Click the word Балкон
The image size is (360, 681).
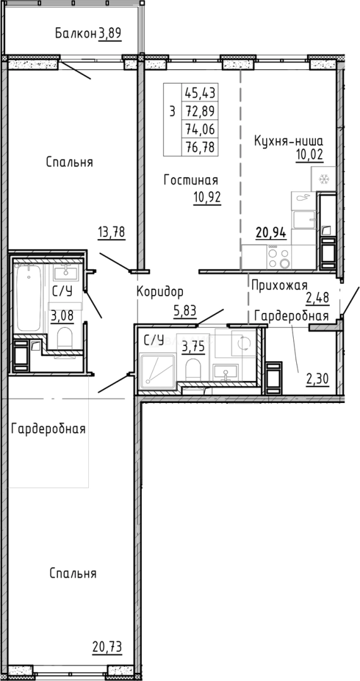pyautogui.click(x=75, y=33)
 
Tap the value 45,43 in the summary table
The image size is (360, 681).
pyautogui.click(x=200, y=93)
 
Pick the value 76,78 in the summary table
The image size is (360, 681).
pyautogui.click(x=200, y=148)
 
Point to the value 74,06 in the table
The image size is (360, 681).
pyautogui.click(x=200, y=129)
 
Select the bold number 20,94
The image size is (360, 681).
pyautogui.click(x=271, y=233)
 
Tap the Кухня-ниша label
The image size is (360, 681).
pyautogui.click(x=288, y=141)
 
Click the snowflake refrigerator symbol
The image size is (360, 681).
pyautogui.click(x=325, y=180)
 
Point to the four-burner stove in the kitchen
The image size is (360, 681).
pyautogui.click(x=278, y=258)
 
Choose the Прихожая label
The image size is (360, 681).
pyautogui.click(x=279, y=285)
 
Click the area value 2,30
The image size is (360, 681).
pyautogui.click(x=317, y=378)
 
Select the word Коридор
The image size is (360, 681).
pyautogui.click(x=160, y=291)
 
